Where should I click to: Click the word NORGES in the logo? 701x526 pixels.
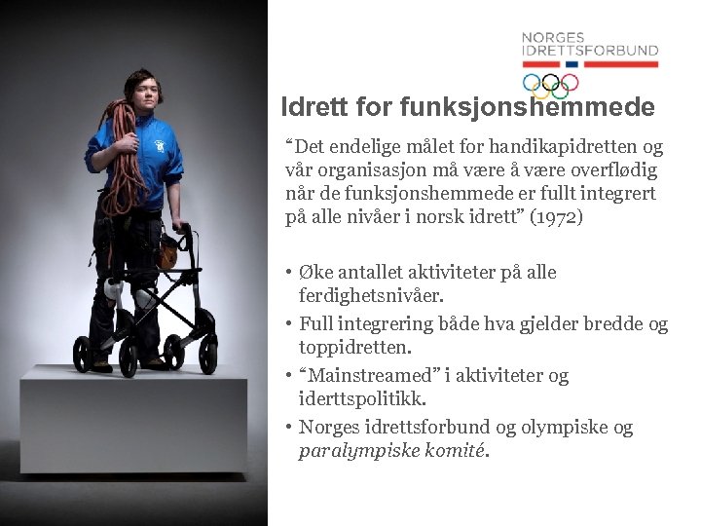coord(552,38)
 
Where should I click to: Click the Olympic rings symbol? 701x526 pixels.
coord(550,84)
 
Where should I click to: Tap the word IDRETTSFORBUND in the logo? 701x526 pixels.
coord(590,51)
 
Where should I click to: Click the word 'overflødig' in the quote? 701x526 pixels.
coord(613,170)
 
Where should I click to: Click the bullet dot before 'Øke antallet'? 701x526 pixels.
coord(288,272)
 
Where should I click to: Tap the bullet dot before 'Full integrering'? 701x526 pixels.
coord(288,324)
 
